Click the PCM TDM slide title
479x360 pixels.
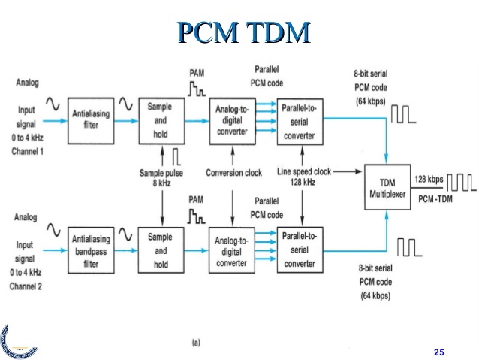[243, 32]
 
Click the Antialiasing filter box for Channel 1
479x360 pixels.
[91, 120]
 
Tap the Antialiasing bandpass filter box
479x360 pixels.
[91, 250]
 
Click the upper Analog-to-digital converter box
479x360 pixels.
[231, 120]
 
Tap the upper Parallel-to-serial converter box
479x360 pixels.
[300, 120]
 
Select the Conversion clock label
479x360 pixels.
[233, 173]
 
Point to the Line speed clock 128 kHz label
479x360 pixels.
[304, 178]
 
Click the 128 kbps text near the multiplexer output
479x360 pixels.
[429, 179]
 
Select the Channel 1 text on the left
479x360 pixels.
[29, 150]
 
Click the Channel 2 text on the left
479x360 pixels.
[29, 286]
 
